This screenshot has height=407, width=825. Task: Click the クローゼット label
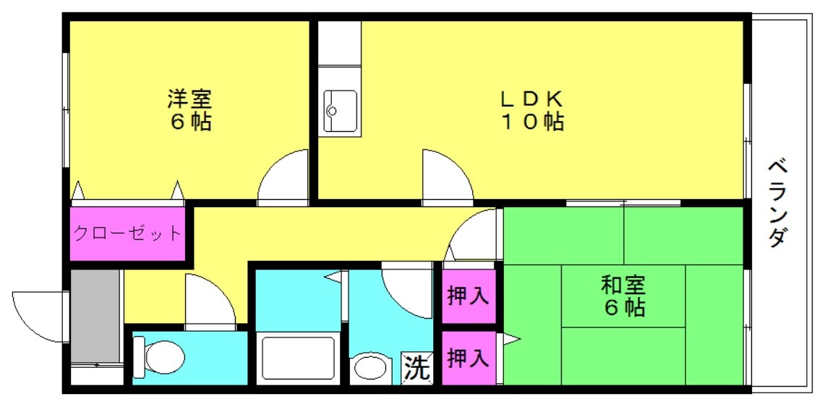coord(127,234)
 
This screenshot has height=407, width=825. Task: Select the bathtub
coord(299,358)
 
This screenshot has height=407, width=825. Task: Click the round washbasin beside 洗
coord(370,368)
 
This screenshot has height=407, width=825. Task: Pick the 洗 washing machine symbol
coord(416,369)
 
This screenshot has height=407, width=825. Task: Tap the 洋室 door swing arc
coord(284,175)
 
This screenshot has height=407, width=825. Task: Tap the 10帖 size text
coord(533,122)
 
